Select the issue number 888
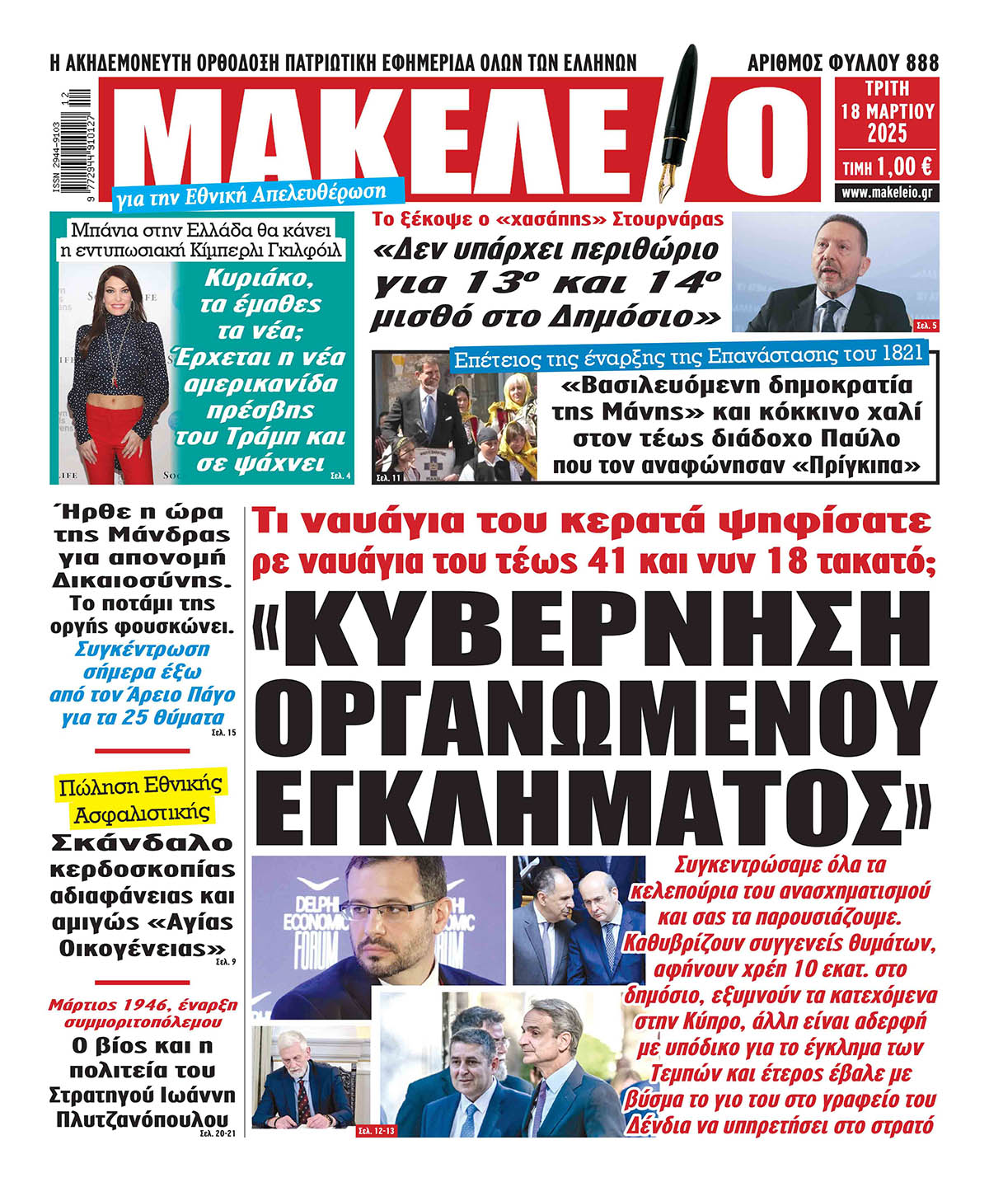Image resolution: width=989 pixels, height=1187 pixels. tap(921, 63)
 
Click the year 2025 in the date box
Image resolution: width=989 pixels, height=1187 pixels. tap(887, 133)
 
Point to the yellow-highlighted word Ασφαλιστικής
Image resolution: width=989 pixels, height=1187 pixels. tap(141, 813)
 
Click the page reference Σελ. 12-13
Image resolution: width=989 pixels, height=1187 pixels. tap(376, 1131)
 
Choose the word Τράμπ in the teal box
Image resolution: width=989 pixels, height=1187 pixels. tap(250, 437)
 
